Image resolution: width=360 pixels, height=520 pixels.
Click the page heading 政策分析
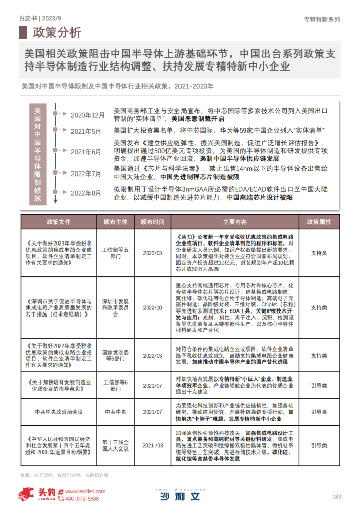56,33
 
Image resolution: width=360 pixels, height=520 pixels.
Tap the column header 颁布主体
116,222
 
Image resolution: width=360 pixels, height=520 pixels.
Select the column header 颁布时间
152,222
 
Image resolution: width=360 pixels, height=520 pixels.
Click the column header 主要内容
234,222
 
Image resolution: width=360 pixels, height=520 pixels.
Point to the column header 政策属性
318,222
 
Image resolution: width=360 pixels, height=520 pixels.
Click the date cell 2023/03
152,253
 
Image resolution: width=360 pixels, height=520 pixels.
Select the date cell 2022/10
152,307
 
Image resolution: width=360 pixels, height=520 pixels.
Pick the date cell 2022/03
152,356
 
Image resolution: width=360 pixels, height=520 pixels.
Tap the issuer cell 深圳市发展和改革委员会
116,307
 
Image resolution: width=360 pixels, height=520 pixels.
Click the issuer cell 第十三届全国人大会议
116,445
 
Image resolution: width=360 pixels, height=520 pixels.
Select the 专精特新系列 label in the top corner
321,19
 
